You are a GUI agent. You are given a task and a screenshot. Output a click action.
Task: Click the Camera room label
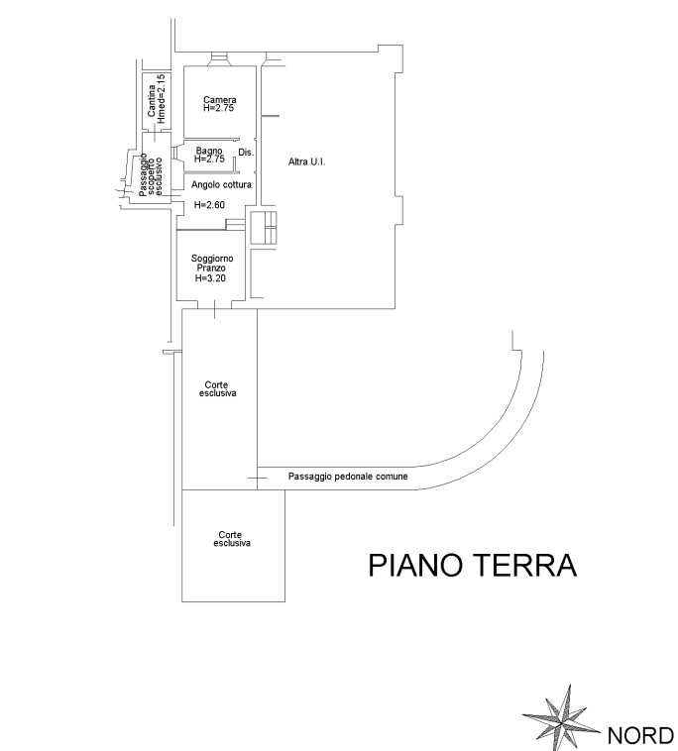click(219, 100)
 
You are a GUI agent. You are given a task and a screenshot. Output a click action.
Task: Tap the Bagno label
click(208, 151)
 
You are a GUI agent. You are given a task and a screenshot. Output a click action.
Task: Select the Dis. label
click(247, 154)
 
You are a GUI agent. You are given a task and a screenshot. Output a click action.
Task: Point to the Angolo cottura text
click(220, 185)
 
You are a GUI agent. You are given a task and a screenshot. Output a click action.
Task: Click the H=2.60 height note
click(209, 205)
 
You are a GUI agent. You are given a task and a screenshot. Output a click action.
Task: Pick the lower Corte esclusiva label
click(233, 540)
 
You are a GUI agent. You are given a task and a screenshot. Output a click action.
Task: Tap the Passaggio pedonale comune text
click(348, 477)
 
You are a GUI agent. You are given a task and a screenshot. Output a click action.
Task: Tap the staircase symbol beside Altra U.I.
click(264, 227)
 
